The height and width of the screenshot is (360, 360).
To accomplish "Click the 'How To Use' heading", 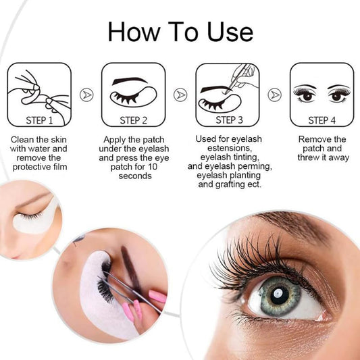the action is pyautogui.click(x=180, y=32).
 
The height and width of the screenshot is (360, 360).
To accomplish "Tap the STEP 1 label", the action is pyautogui.click(x=39, y=120).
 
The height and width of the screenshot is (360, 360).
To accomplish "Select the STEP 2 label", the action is pyautogui.click(x=133, y=120).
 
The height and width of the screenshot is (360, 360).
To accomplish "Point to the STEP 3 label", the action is pyautogui.click(x=229, y=120).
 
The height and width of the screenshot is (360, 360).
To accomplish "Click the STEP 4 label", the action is pyautogui.click(x=322, y=120).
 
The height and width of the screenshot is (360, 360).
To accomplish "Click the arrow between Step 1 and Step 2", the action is pyautogui.click(x=86, y=95).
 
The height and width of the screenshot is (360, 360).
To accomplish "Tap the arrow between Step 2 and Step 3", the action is pyautogui.click(x=180, y=95).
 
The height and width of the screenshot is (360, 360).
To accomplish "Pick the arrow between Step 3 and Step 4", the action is pyautogui.click(x=275, y=95).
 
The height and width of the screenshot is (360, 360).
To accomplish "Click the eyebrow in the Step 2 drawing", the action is pyautogui.click(x=130, y=81).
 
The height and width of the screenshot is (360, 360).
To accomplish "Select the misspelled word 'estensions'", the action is pyautogui.click(x=230, y=148).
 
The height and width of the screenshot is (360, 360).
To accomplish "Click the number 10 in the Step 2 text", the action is pyautogui.click(x=152, y=167).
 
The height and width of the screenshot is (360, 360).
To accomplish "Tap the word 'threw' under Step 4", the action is pyautogui.click(x=309, y=157).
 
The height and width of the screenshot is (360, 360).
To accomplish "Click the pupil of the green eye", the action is pyautogui.click(x=279, y=295).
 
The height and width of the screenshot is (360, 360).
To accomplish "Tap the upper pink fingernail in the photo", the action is pyautogui.click(x=157, y=297).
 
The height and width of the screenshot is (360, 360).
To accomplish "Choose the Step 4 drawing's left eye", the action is pyautogui.click(x=305, y=95).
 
